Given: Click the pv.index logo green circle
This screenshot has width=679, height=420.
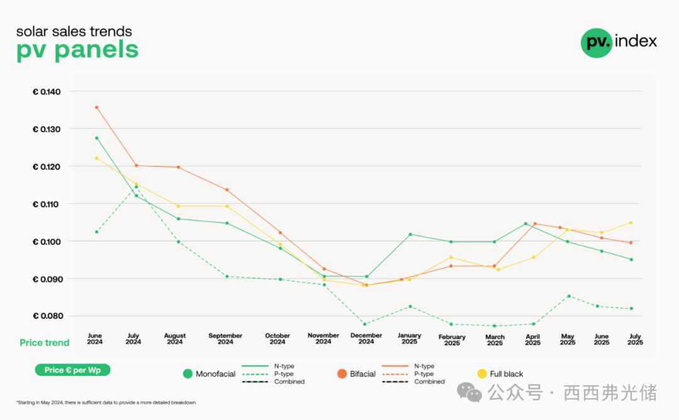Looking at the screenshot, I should coord(596,43).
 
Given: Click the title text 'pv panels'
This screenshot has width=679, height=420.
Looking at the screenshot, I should coord(77,50).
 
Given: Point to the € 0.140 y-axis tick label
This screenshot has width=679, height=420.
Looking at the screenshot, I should coord(47,92).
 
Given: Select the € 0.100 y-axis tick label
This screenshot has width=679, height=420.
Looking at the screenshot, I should coord(47,241).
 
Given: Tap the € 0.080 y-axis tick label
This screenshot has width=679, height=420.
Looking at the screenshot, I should coord(47,316).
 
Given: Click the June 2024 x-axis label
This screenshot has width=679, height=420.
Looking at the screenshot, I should coord(95,339).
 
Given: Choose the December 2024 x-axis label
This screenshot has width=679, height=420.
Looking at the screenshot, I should coord(366,339).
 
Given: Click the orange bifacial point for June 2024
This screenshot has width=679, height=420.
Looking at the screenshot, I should coord(96,108).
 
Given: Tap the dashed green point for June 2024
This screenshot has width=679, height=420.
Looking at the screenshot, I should coord(96,232).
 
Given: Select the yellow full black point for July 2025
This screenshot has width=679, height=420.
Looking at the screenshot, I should coord(631,223).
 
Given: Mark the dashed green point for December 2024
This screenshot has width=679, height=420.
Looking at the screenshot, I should coord(365,324).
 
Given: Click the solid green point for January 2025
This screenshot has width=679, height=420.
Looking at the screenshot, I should coord(410,235).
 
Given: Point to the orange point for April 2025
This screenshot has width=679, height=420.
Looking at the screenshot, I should coord(535,224).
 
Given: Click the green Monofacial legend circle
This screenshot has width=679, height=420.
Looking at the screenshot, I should coord(187,374).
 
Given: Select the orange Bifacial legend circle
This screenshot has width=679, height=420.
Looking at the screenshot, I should coord(342,374).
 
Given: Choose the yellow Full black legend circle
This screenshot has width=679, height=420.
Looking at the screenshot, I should coord(482,374).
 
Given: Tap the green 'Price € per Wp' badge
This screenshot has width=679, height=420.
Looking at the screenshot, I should coord(73,370).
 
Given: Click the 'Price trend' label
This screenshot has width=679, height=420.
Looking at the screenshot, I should coord(45,343).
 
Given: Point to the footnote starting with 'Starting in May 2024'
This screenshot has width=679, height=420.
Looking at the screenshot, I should coord(106,402).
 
